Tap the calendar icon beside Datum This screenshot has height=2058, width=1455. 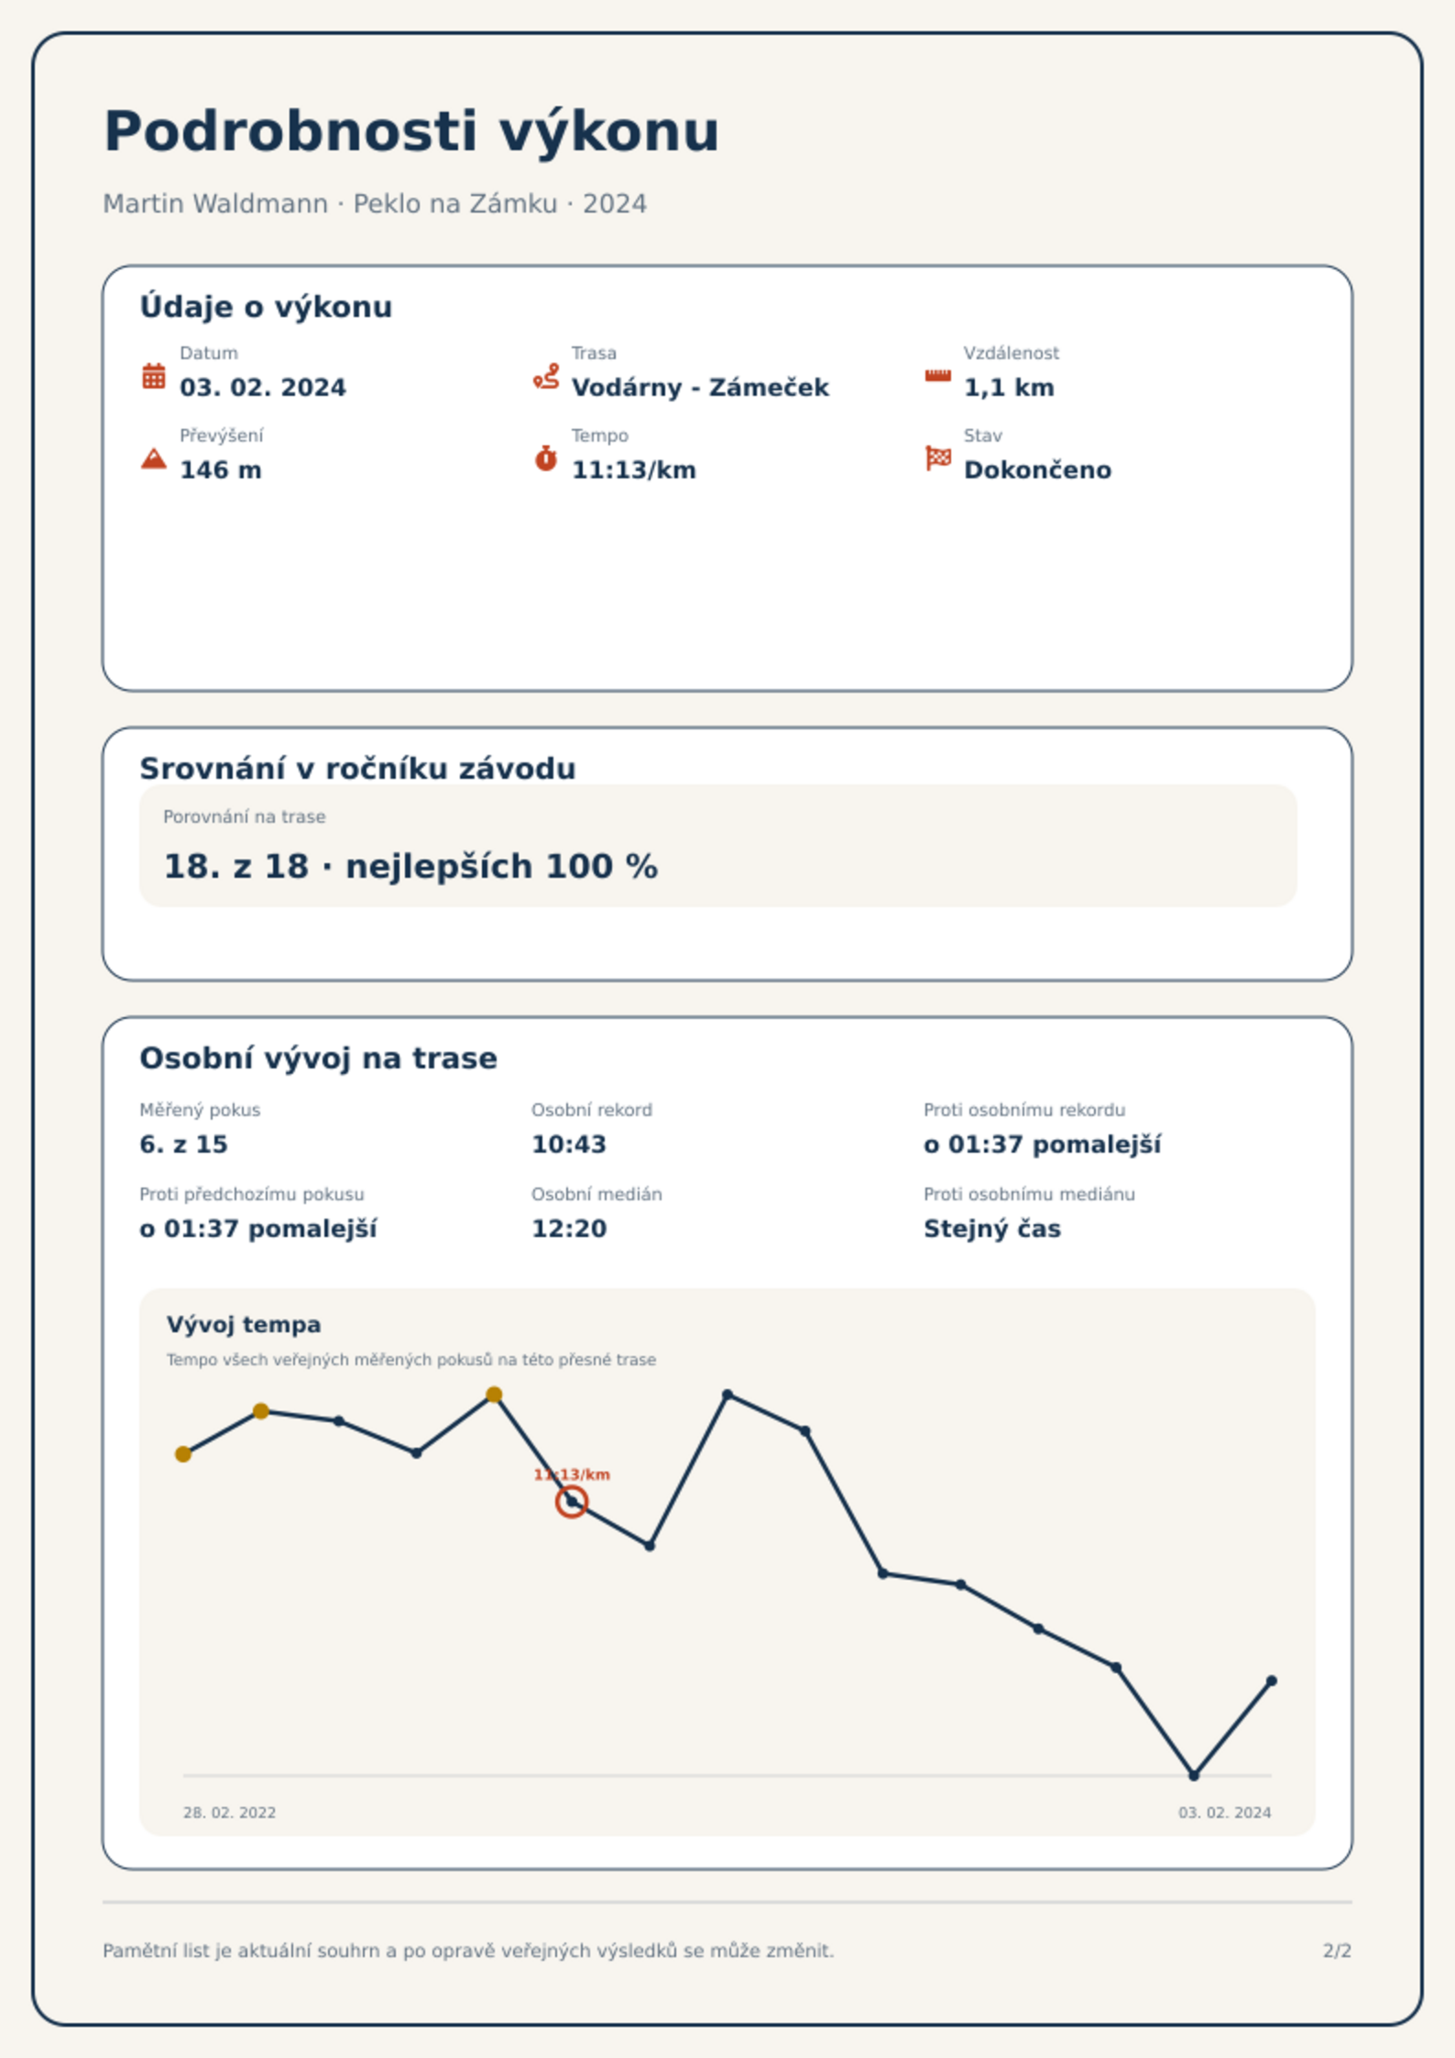point(154,376)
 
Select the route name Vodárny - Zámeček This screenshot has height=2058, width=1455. point(700,388)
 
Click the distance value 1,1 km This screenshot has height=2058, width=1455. point(1009,388)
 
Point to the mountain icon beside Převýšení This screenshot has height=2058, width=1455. point(154,458)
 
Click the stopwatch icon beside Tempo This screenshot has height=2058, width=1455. point(546,458)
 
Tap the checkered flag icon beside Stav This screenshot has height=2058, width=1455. point(938,457)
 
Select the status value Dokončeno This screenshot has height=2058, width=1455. point(1037,470)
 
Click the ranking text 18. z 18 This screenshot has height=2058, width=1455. point(235,867)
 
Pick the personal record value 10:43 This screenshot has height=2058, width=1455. point(569,1144)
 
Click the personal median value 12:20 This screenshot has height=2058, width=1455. point(569,1229)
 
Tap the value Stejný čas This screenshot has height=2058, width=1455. point(992,1229)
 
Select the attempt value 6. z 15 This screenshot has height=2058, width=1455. point(183,1144)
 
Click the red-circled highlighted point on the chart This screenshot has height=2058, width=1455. point(572,1502)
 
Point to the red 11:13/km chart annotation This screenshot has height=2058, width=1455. point(572,1474)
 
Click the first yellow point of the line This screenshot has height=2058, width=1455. point(183,1454)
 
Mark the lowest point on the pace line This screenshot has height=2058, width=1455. point(1194,1776)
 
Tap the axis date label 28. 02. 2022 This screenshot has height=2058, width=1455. point(229,1812)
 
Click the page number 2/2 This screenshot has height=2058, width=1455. point(1337,1951)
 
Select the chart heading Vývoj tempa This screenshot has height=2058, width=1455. point(244,1325)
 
